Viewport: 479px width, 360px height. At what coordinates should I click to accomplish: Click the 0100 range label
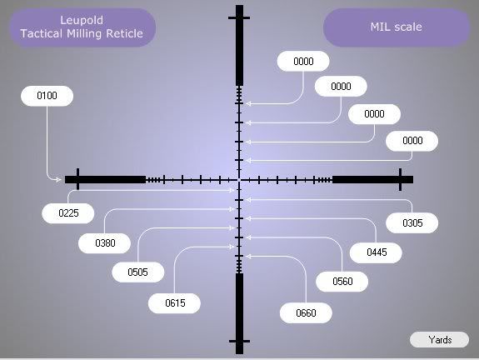coord(47,96)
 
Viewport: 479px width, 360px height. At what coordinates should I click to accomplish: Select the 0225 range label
coord(68,213)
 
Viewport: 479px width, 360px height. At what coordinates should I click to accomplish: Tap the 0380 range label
coord(105,243)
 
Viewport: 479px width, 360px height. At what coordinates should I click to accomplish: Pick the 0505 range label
coord(138,272)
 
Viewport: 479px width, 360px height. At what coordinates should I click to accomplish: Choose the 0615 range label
coord(174,303)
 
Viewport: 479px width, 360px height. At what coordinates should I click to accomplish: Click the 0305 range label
coord(412,223)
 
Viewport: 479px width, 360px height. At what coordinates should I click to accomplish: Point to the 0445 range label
coord(376,252)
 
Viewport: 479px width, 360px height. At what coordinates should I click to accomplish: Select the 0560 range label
coord(342,282)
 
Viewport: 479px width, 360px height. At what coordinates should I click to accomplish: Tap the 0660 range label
coord(306,313)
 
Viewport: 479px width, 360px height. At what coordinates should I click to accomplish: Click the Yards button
coord(439,340)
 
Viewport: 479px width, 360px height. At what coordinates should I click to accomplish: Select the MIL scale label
coord(397,27)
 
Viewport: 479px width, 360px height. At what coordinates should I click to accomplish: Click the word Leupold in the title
coord(82,21)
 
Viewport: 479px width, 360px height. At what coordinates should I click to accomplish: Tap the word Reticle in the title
coord(124,33)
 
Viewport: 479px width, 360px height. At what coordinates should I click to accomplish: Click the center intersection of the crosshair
coord(239,180)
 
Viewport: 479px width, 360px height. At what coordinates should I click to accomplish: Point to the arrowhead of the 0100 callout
coord(58,180)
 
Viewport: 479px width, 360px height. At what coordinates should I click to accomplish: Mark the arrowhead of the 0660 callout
coord(249,257)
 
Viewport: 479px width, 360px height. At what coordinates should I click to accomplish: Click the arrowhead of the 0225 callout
coord(232,190)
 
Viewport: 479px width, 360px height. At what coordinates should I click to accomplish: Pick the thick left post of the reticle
coord(106,180)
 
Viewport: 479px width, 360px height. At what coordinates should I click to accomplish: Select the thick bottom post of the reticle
coord(240,313)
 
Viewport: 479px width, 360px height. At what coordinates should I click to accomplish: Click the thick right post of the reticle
coord(372,180)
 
